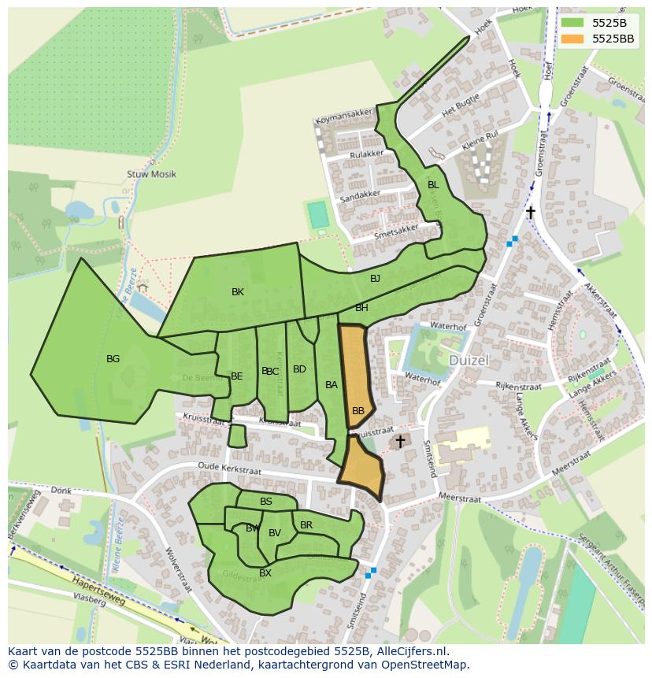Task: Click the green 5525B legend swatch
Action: (572, 22)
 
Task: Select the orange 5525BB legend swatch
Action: (572, 38)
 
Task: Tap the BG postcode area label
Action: (113, 359)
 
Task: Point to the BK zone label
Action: (238, 292)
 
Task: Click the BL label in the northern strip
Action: (432, 185)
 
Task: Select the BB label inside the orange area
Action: (358, 411)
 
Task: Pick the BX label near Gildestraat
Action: (265, 573)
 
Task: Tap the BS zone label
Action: (266, 502)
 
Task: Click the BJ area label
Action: (375, 279)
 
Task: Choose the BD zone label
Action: (299, 369)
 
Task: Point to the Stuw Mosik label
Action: (151, 174)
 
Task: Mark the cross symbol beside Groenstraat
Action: (531, 213)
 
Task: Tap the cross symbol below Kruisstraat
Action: (400, 442)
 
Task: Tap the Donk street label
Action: (61, 491)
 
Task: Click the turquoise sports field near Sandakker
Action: (317, 215)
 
